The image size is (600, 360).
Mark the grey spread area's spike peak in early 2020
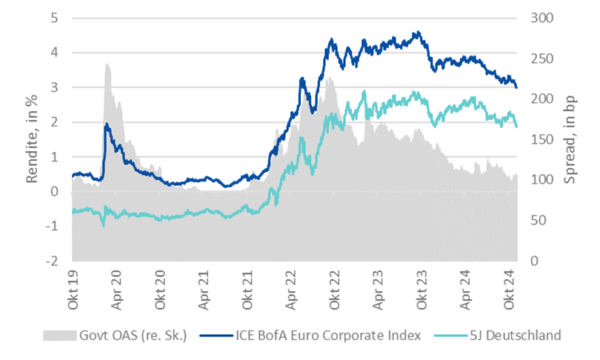tap(107, 64)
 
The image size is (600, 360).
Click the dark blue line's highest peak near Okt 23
tap(419, 32)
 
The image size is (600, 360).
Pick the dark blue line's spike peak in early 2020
tap(106, 124)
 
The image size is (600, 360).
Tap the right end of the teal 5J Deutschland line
tap(516, 126)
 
